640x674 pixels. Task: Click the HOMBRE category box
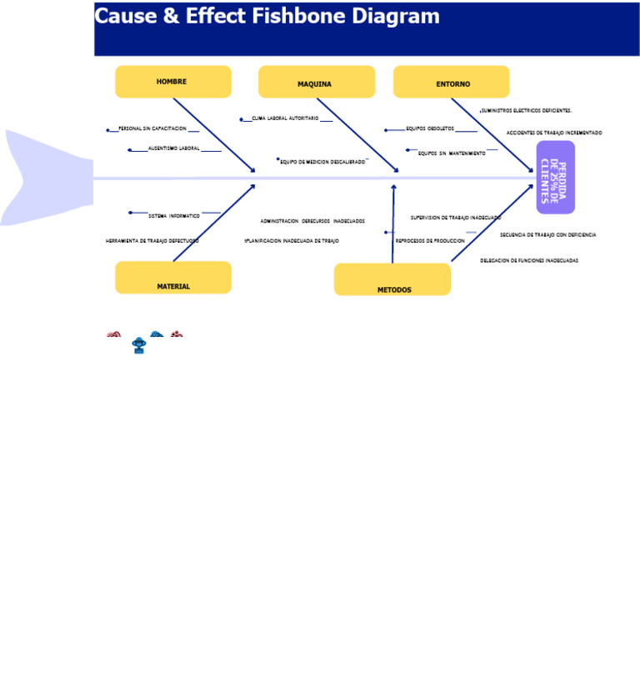coord(172,82)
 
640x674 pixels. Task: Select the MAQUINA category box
coord(316,83)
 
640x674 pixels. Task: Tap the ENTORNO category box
coord(452,83)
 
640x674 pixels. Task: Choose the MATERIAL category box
coord(173,278)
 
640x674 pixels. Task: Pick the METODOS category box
coord(392,280)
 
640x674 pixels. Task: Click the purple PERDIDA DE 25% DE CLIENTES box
coord(555,177)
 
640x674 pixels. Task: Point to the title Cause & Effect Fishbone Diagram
coord(267,17)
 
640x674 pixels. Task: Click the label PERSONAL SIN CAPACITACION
coord(152,129)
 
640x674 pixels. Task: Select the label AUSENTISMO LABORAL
coord(174,148)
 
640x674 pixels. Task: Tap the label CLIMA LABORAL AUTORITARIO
coord(285,118)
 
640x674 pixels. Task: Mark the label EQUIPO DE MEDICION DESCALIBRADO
coord(322,161)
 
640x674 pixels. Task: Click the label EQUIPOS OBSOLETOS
coord(430,129)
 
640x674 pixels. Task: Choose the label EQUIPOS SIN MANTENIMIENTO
coord(452,153)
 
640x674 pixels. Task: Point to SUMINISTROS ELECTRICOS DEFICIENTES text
coord(526,110)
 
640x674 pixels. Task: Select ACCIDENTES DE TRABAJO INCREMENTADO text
coord(554,133)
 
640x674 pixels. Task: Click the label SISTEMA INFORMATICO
coord(174,216)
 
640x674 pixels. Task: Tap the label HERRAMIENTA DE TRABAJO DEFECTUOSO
coord(152,240)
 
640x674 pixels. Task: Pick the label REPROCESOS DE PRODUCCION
coord(430,240)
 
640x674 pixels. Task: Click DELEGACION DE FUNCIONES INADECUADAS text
coord(529,260)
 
